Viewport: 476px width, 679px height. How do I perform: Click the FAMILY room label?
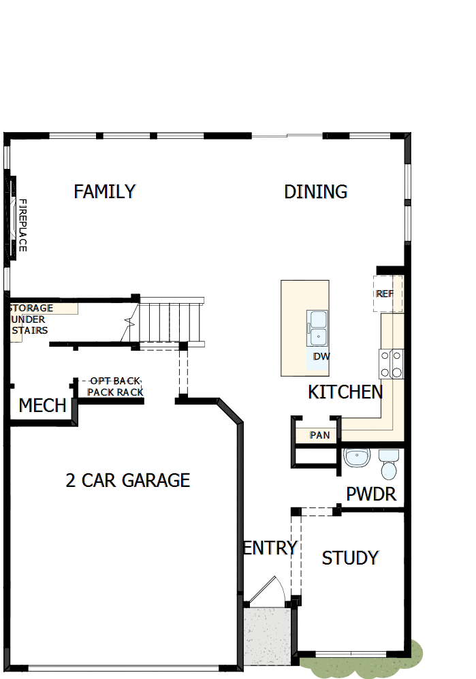(105, 191)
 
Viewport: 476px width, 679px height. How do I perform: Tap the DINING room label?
(315, 192)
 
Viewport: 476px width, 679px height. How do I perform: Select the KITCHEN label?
(345, 392)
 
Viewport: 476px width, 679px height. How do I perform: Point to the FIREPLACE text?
(22, 225)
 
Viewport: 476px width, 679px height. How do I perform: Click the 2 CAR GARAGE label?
(128, 481)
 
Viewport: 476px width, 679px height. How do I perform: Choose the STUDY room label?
(350, 558)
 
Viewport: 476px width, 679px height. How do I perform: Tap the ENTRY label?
(270, 548)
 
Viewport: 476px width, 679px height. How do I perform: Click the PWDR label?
(371, 494)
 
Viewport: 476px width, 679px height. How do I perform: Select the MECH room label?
(42, 406)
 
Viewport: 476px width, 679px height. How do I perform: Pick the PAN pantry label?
(319, 435)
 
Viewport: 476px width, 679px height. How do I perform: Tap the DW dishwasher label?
(321, 356)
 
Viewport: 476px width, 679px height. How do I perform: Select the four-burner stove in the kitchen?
(392, 363)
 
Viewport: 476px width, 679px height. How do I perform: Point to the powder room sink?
(356, 458)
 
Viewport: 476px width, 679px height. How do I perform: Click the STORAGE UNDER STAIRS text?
(30, 319)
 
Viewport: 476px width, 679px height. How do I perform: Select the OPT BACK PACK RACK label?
(115, 387)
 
